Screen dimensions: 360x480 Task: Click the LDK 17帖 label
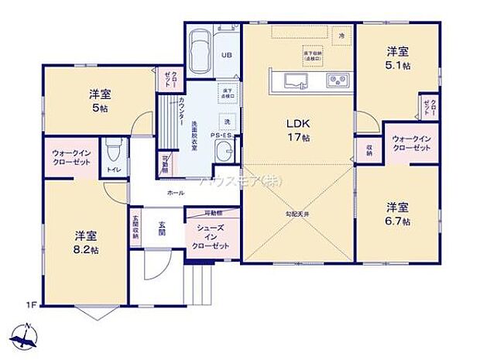(x=299, y=129)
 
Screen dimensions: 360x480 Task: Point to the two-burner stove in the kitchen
(x=337, y=79)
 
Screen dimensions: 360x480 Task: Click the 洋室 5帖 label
(x=99, y=101)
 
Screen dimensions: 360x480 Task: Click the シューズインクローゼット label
(x=211, y=235)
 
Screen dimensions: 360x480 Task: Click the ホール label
(x=175, y=192)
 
